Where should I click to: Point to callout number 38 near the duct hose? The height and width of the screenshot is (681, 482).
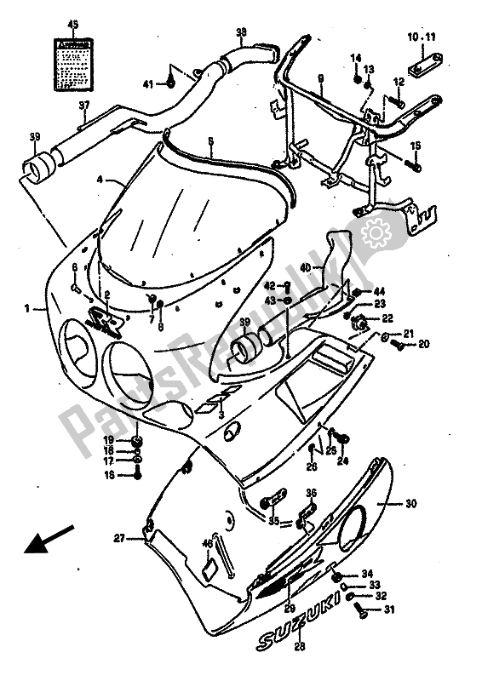click(241, 33)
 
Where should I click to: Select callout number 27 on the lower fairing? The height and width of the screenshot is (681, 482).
click(120, 538)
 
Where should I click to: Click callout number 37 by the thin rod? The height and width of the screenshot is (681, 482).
click(84, 106)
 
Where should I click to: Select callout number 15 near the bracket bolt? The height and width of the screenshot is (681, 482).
click(417, 145)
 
